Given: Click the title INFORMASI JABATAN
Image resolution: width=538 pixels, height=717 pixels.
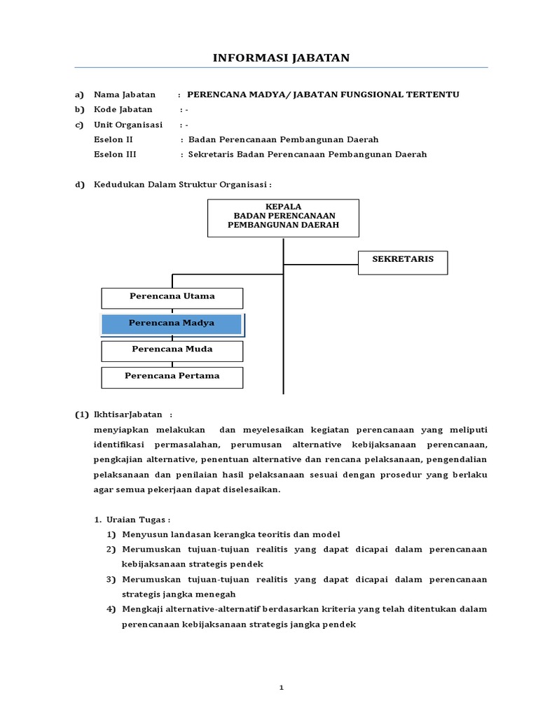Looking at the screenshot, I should click(x=281, y=57).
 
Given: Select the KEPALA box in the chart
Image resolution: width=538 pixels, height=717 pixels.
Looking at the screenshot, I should click(x=283, y=217).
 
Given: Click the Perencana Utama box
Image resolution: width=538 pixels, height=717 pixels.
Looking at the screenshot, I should click(x=172, y=298).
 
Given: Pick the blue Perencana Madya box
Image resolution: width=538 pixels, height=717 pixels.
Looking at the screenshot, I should click(x=172, y=324).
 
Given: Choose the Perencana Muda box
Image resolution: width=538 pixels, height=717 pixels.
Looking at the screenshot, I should click(x=172, y=350).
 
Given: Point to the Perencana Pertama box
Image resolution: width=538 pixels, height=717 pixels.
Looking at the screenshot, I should click(x=172, y=377).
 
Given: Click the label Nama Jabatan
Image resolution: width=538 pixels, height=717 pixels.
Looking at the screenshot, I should click(x=125, y=95).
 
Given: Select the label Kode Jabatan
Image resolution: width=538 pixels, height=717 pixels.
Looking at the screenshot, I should click(x=123, y=110).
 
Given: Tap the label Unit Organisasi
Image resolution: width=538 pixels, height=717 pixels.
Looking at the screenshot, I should click(x=128, y=125).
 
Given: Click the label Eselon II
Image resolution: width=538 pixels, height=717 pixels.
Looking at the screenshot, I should click(x=113, y=139).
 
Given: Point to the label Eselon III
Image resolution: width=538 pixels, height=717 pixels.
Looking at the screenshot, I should click(x=116, y=154).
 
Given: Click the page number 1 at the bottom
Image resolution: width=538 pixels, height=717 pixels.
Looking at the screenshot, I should click(x=281, y=688).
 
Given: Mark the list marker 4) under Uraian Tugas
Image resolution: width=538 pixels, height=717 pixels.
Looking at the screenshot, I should click(x=111, y=609).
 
